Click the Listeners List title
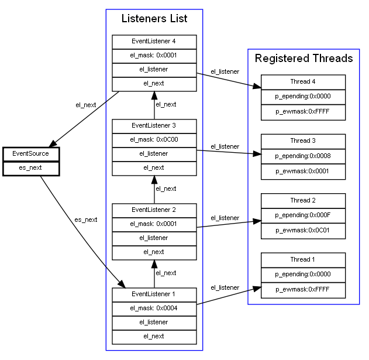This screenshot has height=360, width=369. (154, 19)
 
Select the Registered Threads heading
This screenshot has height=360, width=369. (304, 59)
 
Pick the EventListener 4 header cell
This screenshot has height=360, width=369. (154, 42)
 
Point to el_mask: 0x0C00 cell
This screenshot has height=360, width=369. (154, 140)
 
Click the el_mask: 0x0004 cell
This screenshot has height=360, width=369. (154, 308)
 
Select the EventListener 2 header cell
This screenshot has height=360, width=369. (154, 210)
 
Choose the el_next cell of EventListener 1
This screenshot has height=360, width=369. (154, 337)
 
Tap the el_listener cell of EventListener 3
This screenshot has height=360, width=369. (154, 154)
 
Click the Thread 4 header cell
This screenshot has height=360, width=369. (303, 82)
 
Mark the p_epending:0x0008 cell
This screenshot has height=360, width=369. (303, 157)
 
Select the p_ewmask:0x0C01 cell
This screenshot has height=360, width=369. (303, 230)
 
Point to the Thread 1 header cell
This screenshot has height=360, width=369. (303, 260)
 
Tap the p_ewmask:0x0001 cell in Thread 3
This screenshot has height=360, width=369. (303, 171)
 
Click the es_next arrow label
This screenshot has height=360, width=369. (85, 220)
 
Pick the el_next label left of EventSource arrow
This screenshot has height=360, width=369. (85, 105)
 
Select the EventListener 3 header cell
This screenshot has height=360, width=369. (154, 125)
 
